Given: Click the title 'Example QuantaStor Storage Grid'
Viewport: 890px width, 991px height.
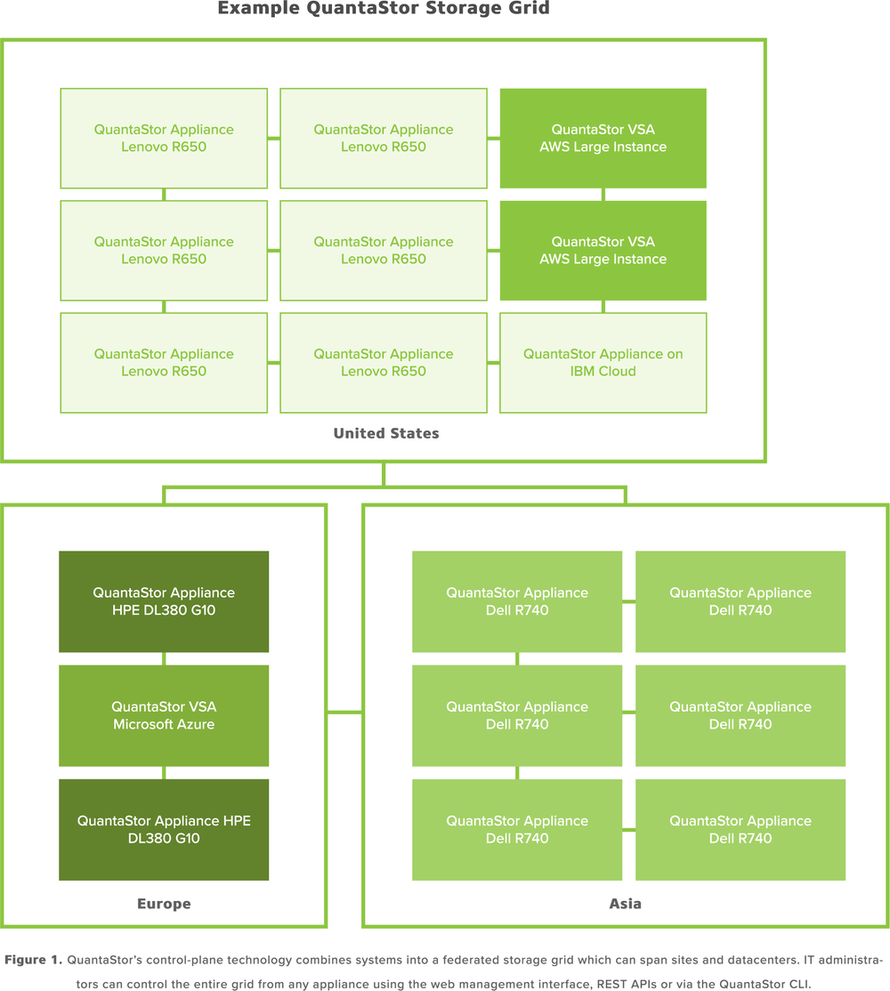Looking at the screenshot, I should (384, 10).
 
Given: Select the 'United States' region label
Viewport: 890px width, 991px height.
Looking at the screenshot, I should (385, 433).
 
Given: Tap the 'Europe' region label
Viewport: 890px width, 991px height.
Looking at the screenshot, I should (164, 904).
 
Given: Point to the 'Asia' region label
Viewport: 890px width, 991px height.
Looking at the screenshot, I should (626, 904).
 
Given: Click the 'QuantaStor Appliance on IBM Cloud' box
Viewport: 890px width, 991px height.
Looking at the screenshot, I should (603, 363).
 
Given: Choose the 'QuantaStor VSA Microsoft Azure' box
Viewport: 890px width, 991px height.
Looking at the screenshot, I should (164, 715).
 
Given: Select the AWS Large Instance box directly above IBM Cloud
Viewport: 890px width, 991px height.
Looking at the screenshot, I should (603, 250).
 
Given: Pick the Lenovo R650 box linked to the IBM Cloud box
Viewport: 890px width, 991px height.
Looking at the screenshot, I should (384, 363).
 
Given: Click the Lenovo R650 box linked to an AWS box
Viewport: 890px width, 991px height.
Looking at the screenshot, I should (384, 138).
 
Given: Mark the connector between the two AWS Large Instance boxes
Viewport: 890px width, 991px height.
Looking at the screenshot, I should (603, 194).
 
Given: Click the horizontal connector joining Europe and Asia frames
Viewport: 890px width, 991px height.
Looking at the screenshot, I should (344, 712).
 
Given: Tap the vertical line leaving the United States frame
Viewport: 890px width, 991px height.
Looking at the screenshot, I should (384, 473).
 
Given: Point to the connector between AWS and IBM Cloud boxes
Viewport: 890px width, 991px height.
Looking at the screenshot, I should (603, 306).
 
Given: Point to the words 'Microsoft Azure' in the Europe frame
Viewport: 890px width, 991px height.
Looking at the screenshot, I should (164, 724).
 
